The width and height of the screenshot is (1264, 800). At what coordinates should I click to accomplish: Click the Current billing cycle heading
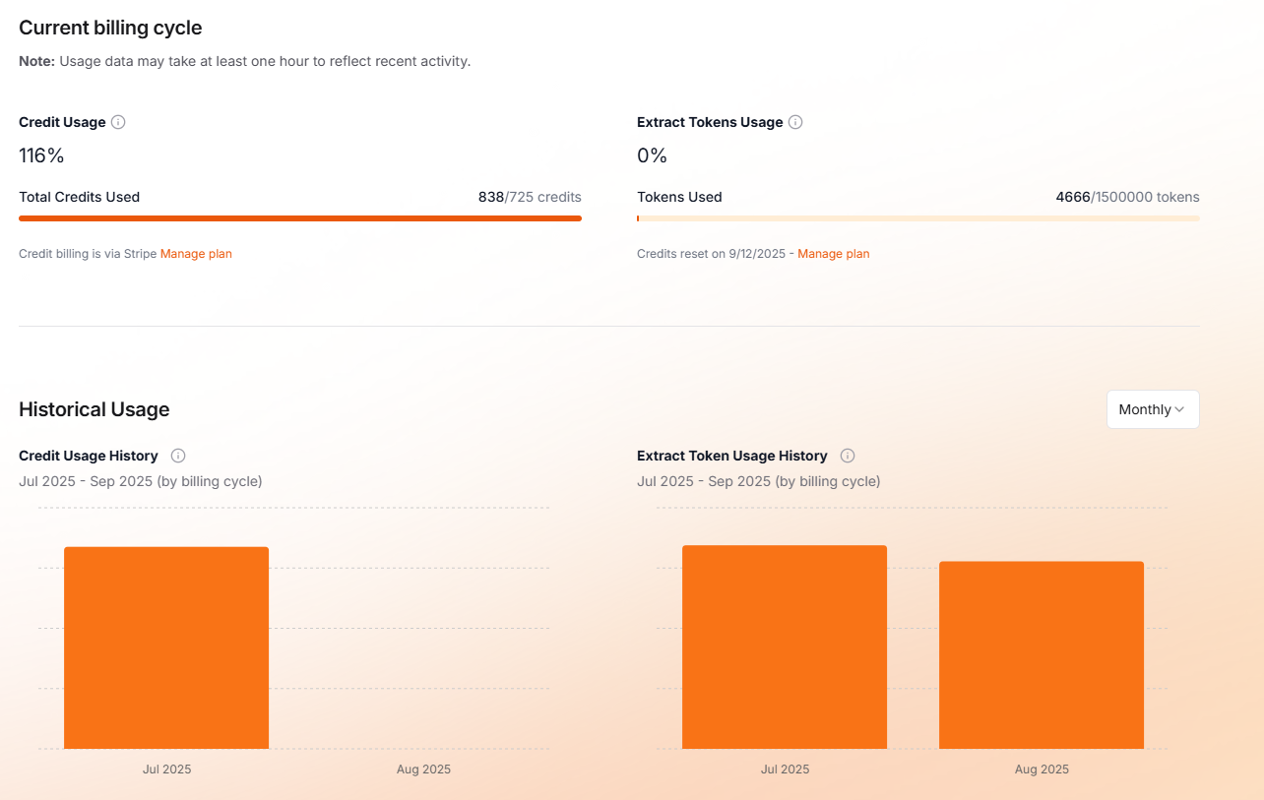click(110, 28)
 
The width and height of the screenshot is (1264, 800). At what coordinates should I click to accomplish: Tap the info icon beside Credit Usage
click(118, 122)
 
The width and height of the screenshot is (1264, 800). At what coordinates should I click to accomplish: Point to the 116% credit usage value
click(41, 155)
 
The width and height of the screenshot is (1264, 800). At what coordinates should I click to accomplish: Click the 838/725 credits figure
click(530, 197)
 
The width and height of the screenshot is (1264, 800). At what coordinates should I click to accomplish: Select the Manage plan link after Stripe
click(196, 254)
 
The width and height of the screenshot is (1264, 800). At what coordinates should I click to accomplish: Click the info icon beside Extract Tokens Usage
click(795, 122)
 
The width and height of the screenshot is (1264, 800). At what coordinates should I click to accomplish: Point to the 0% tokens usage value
click(652, 155)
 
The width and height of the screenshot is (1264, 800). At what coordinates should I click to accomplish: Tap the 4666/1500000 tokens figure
click(1127, 197)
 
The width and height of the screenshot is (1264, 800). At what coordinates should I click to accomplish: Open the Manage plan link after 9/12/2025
click(833, 254)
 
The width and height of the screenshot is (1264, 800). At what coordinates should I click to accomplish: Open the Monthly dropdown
click(1152, 409)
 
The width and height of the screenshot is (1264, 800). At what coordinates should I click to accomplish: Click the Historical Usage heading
click(95, 409)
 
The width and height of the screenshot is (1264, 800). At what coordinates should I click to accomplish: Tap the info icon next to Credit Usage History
click(178, 456)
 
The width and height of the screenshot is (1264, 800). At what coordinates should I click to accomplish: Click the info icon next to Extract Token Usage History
click(848, 456)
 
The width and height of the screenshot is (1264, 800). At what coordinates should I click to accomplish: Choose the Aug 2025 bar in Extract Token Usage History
click(1042, 654)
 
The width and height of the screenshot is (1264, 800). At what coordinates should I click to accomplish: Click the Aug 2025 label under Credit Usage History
click(423, 769)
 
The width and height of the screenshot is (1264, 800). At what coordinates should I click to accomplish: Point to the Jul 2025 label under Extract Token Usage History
click(785, 769)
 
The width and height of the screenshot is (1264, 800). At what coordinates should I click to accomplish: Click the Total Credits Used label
click(80, 197)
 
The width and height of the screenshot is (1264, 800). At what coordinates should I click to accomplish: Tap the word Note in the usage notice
click(36, 61)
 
